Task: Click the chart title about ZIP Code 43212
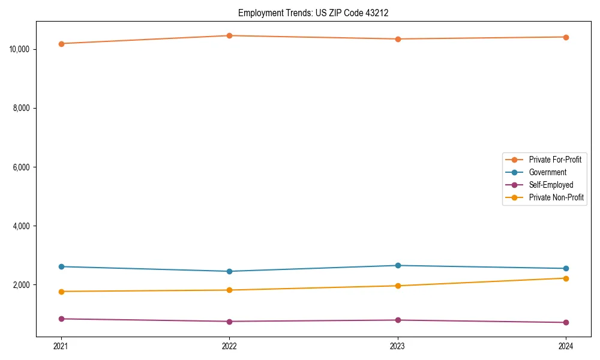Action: (x=313, y=13)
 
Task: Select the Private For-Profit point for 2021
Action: (x=61, y=44)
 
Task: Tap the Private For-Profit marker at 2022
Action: (x=229, y=35)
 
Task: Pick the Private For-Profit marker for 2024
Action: (x=566, y=37)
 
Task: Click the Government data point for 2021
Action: (x=61, y=266)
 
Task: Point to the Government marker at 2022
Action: (x=229, y=271)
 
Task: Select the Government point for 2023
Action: (x=398, y=265)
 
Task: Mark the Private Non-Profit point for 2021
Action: (x=61, y=292)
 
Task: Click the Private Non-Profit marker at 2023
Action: (x=398, y=286)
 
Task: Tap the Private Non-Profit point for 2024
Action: (x=566, y=278)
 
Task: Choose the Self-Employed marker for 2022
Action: (x=229, y=322)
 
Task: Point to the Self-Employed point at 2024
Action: (x=566, y=323)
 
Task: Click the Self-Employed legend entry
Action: (x=551, y=185)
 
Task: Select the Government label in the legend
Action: (x=547, y=172)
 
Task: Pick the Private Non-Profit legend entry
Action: (x=556, y=197)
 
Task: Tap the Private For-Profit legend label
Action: (x=554, y=160)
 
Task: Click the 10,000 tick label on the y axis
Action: (x=21, y=49)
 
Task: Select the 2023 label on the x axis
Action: (x=398, y=346)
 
